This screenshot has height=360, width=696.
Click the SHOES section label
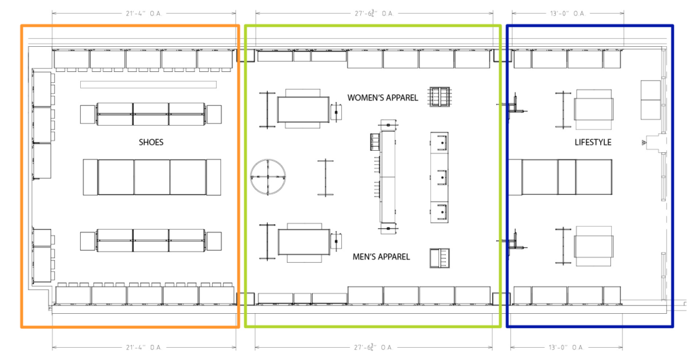(x=151, y=143)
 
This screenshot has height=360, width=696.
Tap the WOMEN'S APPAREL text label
(x=383, y=98)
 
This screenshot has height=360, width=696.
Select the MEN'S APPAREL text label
(x=381, y=257)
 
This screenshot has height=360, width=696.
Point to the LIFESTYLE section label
(x=593, y=143)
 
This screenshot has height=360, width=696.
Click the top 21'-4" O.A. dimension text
(x=144, y=13)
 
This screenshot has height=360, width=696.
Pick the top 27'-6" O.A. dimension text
(x=375, y=13)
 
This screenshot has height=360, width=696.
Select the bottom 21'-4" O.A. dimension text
(x=144, y=347)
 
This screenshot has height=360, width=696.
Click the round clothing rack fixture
(x=269, y=177)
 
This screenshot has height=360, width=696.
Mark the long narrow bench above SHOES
(x=148, y=85)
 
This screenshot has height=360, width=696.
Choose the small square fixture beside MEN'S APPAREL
(x=440, y=258)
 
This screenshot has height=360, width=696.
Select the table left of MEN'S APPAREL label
(x=303, y=242)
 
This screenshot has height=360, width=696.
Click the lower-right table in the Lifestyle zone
(x=594, y=245)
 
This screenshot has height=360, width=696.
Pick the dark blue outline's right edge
(x=672, y=177)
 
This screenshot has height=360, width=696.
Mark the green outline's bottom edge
(x=372, y=327)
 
